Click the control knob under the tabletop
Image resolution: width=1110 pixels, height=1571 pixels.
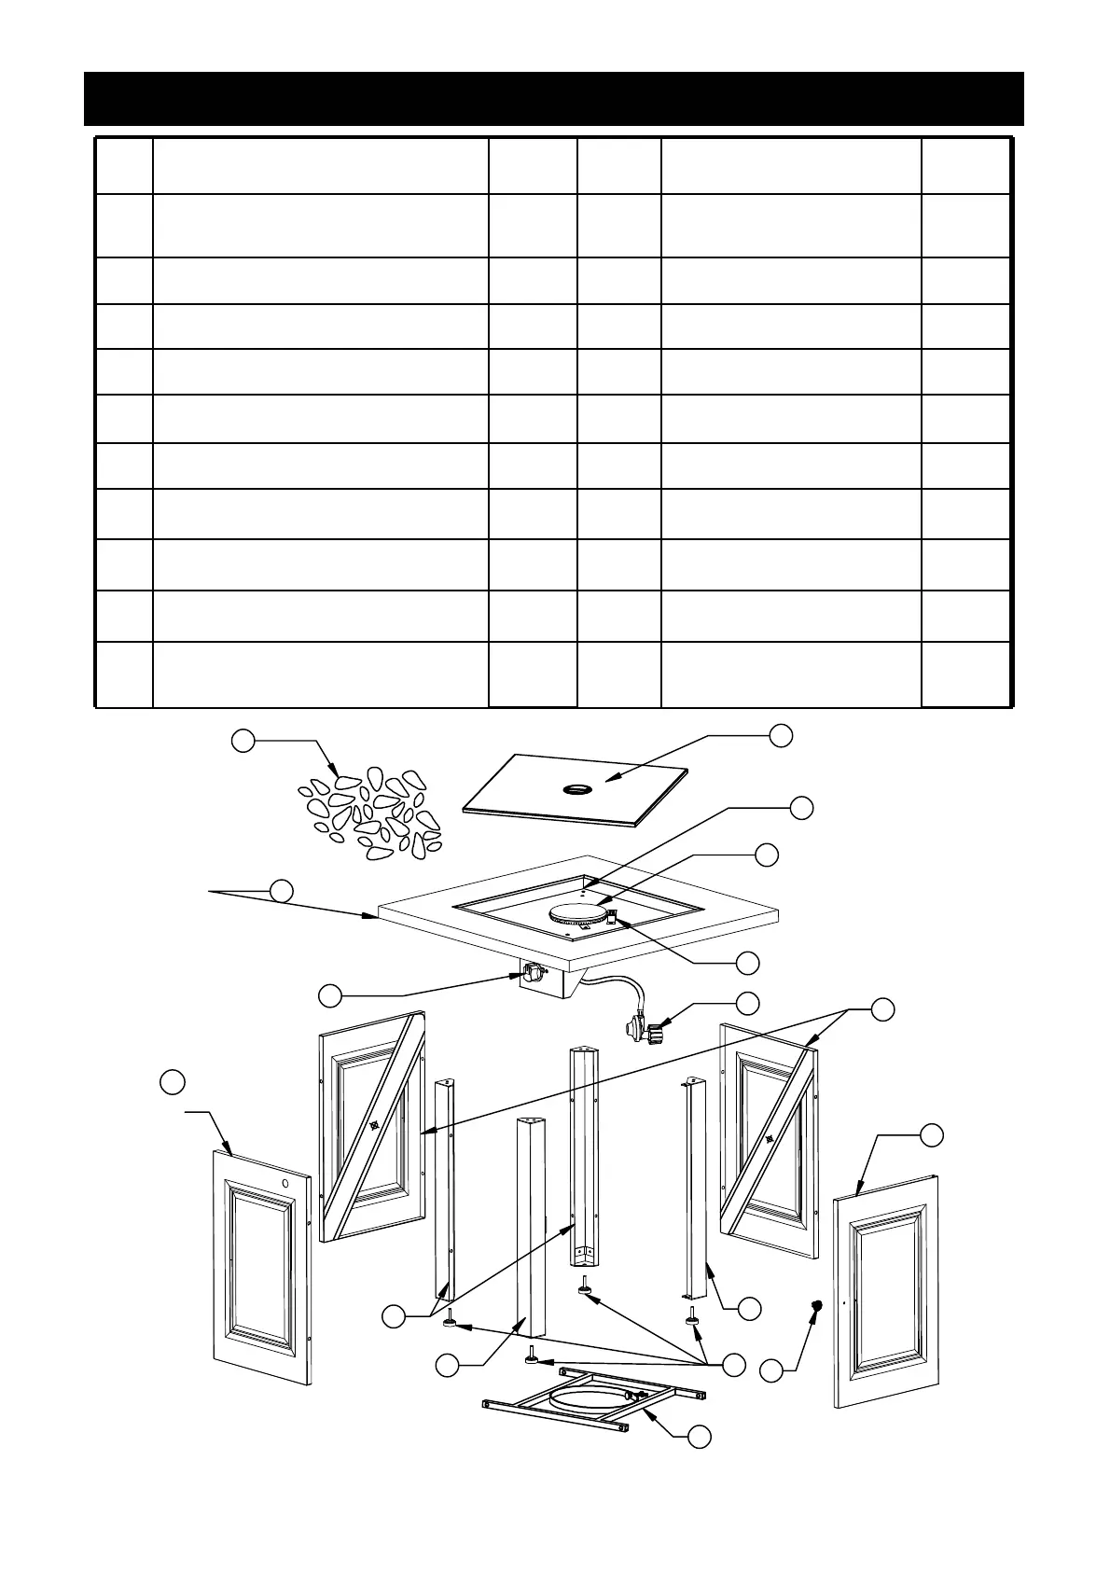point(530,974)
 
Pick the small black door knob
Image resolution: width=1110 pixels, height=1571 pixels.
point(818,1306)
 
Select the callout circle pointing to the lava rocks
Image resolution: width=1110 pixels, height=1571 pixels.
point(243,742)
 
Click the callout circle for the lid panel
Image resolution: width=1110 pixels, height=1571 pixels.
point(782,734)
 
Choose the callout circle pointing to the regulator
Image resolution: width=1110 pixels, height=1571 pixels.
point(747,1003)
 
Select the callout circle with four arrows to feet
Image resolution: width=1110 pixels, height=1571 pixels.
point(734,1363)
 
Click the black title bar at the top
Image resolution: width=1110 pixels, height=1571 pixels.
point(554,99)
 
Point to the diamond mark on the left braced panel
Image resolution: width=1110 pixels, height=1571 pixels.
point(373,1125)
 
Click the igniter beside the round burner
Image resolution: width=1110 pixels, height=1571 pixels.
point(613,916)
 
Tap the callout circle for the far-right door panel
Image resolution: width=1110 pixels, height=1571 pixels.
point(931,1135)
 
